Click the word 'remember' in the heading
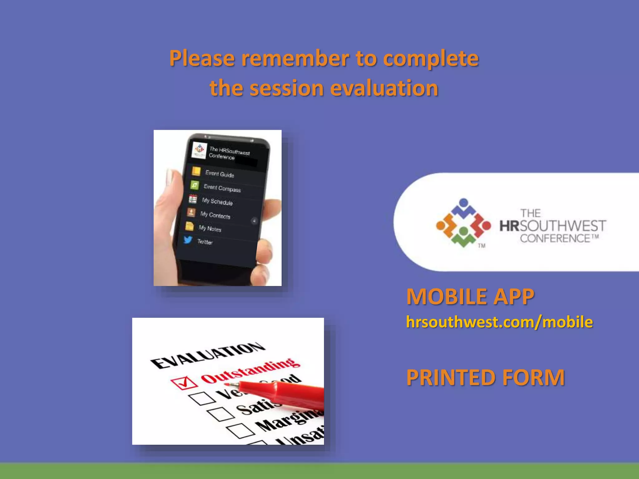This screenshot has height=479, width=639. (295, 58)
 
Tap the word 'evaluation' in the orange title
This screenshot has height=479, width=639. (384, 88)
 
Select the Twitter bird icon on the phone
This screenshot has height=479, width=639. (188, 239)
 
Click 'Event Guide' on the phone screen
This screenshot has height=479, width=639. (219, 174)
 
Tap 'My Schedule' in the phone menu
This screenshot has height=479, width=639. (217, 201)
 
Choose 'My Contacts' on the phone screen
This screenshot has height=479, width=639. (215, 215)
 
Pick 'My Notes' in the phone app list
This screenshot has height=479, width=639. (210, 229)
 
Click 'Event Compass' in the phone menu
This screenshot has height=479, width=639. (222, 188)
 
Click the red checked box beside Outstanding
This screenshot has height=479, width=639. (184, 383)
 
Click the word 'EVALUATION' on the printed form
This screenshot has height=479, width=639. (207, 355)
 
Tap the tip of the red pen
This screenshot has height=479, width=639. (227, 385)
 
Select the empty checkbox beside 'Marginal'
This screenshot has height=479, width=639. (241, 431)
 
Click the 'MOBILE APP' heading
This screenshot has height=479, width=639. (470, 296)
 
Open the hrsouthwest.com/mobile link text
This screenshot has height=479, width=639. (499, 322)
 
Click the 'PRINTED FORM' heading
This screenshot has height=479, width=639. (485, 377)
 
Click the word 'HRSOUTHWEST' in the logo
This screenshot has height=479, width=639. (553, 226)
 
